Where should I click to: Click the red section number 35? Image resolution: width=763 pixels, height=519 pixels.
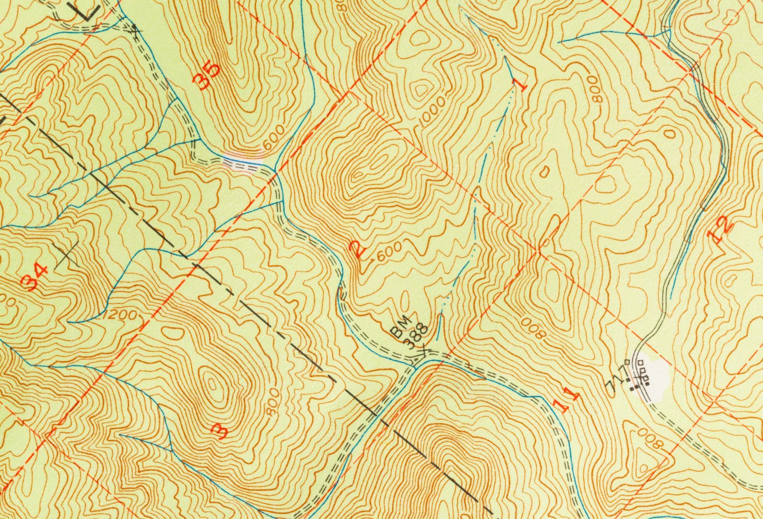point(207,72)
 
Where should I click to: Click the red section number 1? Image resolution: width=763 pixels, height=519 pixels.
point(521,82)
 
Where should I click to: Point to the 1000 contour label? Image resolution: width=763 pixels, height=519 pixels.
point(433,110)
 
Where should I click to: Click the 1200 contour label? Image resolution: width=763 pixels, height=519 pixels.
point(121,316)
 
